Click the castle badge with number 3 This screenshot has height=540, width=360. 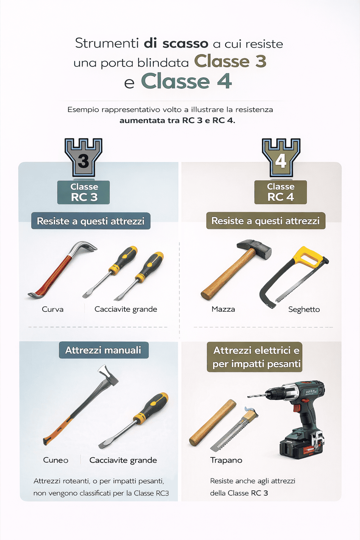point(83,157)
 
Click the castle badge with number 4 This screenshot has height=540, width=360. point(281,157)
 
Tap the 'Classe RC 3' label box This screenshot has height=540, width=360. point(84,192)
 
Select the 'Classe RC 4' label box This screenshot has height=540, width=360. point(281,192)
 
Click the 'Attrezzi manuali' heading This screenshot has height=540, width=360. point(103,350)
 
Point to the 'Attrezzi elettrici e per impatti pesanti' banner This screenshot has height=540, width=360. point(255,357)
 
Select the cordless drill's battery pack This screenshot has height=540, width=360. point(299,444)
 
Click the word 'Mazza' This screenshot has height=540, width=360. point(223,309)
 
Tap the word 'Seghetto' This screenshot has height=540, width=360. point(304,309)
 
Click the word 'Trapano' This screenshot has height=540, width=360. point(226,460)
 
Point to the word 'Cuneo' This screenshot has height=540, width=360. point(56,460)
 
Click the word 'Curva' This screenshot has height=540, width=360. point(53,309)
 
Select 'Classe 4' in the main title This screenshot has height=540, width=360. point(186,82)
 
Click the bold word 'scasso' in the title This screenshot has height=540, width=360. point(185,44)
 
